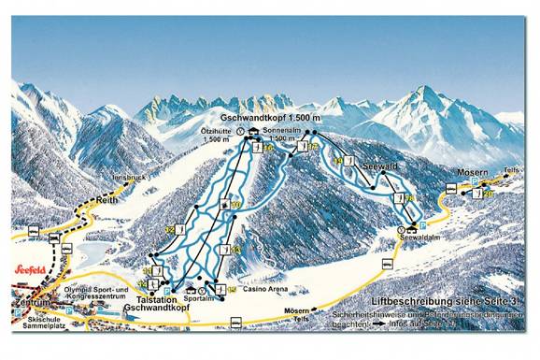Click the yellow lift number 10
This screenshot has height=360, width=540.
pos(235,204)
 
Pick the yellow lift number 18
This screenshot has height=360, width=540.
pos(407,198)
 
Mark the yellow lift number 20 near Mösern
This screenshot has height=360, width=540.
pos(487,194)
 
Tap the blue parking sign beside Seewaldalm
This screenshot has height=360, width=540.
pos(422,225)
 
